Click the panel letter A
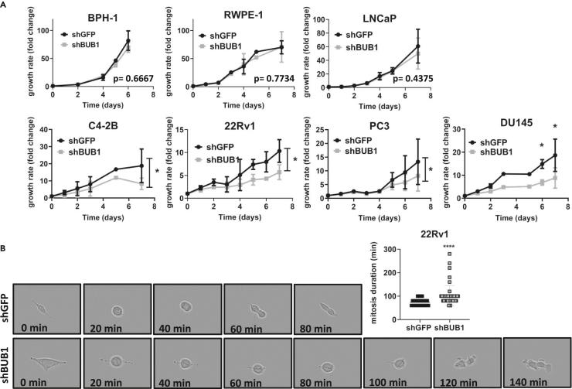coord(5,5)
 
